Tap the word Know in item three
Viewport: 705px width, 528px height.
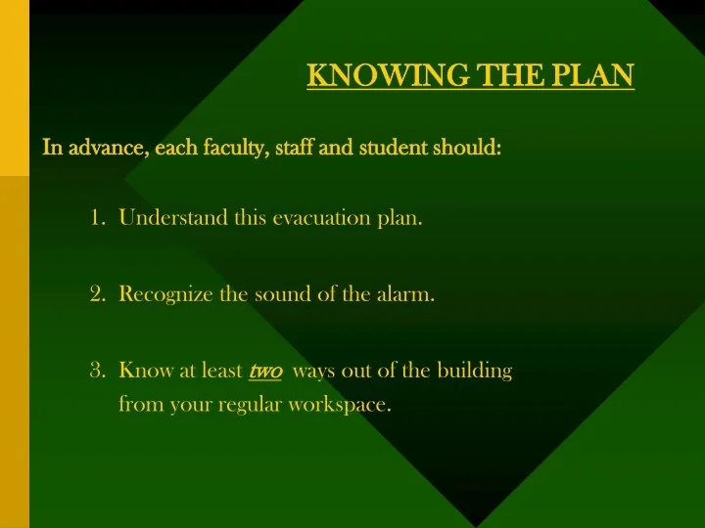tap(141, 371)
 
